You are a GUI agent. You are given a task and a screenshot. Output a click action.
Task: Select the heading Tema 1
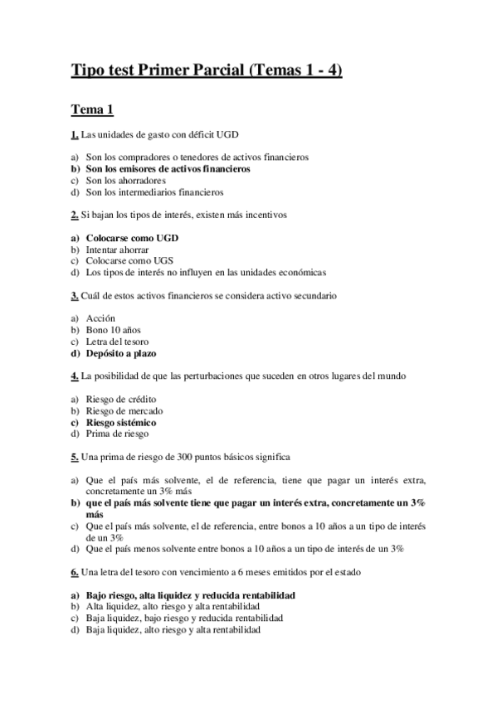tap(92, 109)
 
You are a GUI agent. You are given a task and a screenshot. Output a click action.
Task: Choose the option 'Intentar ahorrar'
tap(119, 250)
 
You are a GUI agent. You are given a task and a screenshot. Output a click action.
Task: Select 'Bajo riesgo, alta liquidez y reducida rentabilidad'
tap(191, 595)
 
